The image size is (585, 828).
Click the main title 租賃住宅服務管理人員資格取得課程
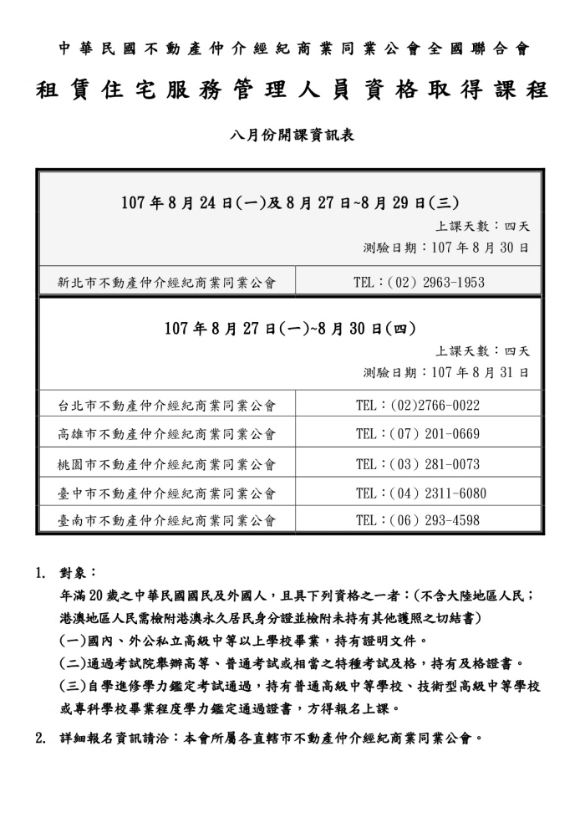coord(292,90)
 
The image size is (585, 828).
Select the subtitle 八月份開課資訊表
coord(292,134)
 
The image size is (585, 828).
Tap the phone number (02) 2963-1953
coord(419,283)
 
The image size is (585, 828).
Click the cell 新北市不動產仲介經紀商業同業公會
coord(166,283)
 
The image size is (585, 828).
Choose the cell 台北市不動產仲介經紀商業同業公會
coord(166,406)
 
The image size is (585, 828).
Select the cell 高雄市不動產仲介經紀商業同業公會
coord(166,435)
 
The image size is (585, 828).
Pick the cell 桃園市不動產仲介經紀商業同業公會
coord(166,464)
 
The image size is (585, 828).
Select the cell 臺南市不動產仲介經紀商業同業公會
coord(166,521)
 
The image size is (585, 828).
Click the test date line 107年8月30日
coord(446,248)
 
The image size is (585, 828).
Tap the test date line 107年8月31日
coord(446,372)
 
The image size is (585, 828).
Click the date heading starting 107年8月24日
coord(290,202)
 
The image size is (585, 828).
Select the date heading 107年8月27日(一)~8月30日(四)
coord(290,328)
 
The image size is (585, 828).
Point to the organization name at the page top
coord(293,49)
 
